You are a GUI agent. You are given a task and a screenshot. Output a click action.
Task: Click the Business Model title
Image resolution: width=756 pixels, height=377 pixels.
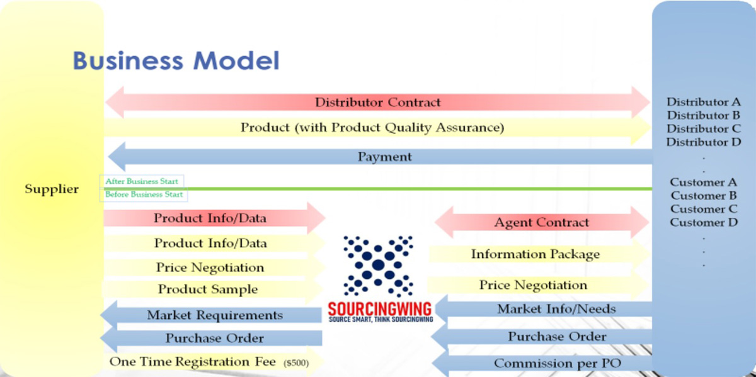pyautogui.click(x=176, y=60)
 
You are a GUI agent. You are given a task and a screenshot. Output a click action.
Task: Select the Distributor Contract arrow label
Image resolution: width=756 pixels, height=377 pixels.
pyautogui.click(x=377, y=102)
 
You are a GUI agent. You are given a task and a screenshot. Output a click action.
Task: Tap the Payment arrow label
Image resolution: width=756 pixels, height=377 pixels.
pyautogui.click(x=385, y=157)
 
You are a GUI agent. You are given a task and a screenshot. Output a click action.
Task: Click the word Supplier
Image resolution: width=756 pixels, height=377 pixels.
pyautogui.click(x=52, y=189)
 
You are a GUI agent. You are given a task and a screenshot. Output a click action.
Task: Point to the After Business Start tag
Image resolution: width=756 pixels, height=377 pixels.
pyautogui.click(x=142, y=181)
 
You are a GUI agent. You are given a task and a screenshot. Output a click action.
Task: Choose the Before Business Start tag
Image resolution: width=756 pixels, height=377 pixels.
pyautogui.click(x=144, y=194)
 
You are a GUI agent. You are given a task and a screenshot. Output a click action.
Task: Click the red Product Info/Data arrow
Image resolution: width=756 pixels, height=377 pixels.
pyautogui.click(x=214, y=218)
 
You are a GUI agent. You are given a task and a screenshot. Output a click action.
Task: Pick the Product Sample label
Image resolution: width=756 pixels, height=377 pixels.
pyautogui.click(x=208, y=290)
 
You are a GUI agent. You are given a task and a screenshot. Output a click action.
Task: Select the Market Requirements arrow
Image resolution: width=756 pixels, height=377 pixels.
pyautogui.click(x=211, y=315)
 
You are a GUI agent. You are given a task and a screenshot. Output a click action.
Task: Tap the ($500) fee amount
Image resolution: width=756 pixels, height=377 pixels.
pyautogui.click(x=296, y=363)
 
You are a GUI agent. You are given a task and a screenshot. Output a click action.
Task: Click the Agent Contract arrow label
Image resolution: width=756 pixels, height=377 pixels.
pyautogui.click(x=541, y=223)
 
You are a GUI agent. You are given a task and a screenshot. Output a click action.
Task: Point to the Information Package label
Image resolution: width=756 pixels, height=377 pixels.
pyautogui.click(x=535, y=254)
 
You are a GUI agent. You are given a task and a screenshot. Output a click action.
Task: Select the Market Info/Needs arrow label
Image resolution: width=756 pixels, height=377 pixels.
pyautogui.click(x=556, y=309)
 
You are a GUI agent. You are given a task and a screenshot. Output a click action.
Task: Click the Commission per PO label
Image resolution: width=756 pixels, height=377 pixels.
pyautogui.click(x=558, y=363)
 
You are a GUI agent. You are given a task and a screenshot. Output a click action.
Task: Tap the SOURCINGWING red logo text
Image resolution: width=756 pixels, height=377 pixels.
pyautogui.click(x=380, y=309)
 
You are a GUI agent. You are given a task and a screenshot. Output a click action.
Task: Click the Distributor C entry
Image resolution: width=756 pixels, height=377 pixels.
pyautogui.click(x=704, y=129)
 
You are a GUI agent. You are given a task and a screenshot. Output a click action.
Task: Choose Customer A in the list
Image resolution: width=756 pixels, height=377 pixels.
pyautogui.click(x=703, y=183)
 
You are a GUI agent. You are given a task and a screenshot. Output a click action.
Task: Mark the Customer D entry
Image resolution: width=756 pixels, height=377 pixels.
pyautogui.click(x=704, y=223)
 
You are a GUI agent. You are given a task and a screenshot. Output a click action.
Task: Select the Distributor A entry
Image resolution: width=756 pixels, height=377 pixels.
pyautogui.click(x=704, y=102)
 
